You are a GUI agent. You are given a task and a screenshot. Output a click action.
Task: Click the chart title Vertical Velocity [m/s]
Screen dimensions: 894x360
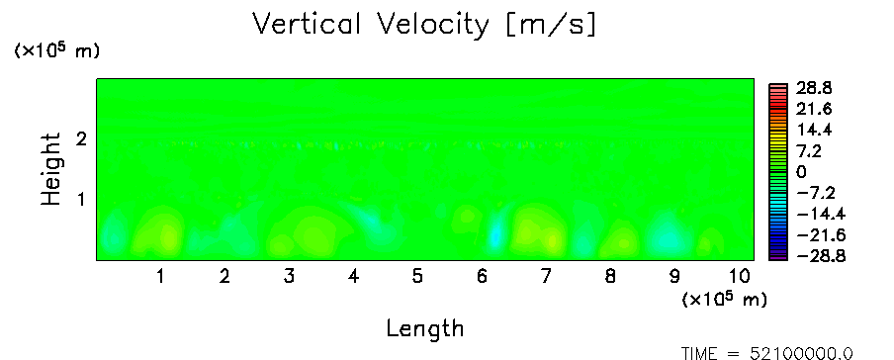(425, 25)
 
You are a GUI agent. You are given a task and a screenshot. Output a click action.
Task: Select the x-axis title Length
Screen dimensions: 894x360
(425, 328)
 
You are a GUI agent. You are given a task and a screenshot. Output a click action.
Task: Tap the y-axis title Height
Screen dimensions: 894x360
(51, 169)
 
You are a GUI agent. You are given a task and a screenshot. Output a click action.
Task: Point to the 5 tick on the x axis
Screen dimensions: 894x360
(417, 277)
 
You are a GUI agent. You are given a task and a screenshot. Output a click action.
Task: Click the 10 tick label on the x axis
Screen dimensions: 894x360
(739, 277)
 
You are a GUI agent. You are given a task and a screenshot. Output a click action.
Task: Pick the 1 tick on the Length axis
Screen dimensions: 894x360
(161, 277)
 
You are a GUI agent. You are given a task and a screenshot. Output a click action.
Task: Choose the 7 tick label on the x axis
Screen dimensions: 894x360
(546, 277)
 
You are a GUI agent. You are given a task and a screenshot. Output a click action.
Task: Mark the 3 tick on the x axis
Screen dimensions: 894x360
(289, 277)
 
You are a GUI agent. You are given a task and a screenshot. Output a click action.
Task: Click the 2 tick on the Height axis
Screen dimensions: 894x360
(81, 138)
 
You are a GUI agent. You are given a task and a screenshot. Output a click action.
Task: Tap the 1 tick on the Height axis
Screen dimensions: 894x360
(81, 200)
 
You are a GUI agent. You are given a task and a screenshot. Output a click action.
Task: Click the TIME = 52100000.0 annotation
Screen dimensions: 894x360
(766, 353)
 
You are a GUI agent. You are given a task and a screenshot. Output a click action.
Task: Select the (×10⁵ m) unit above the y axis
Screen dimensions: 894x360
(56, 50)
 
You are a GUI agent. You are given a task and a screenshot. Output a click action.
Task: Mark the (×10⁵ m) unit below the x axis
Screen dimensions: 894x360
(724, 299)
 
